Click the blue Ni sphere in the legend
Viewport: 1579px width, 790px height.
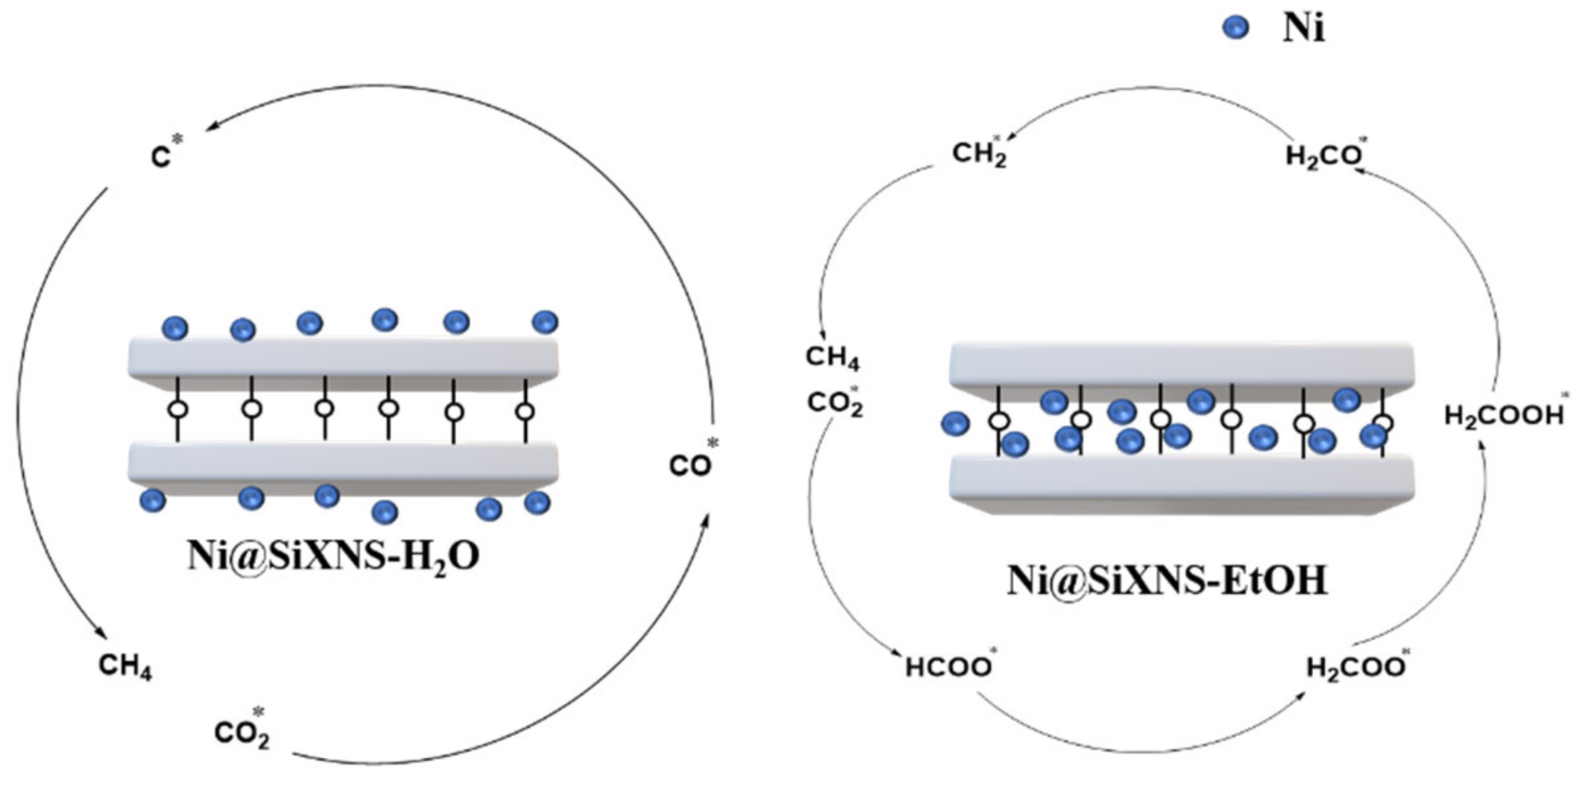(1235, 28)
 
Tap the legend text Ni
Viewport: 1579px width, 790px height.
(1303, 28)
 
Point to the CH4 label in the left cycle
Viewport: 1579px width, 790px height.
(125, 666)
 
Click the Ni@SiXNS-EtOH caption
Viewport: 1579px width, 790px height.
(1167, 581)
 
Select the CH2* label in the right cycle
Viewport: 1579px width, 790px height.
(979, 154)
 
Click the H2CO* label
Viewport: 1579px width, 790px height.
(1325, 156)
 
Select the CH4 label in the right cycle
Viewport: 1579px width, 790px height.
(833, 358)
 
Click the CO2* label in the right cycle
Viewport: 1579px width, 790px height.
(835, 403)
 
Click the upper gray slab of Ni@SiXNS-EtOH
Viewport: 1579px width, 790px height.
(1182, 365)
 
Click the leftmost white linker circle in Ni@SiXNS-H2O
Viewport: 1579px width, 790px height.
(178, 410)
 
